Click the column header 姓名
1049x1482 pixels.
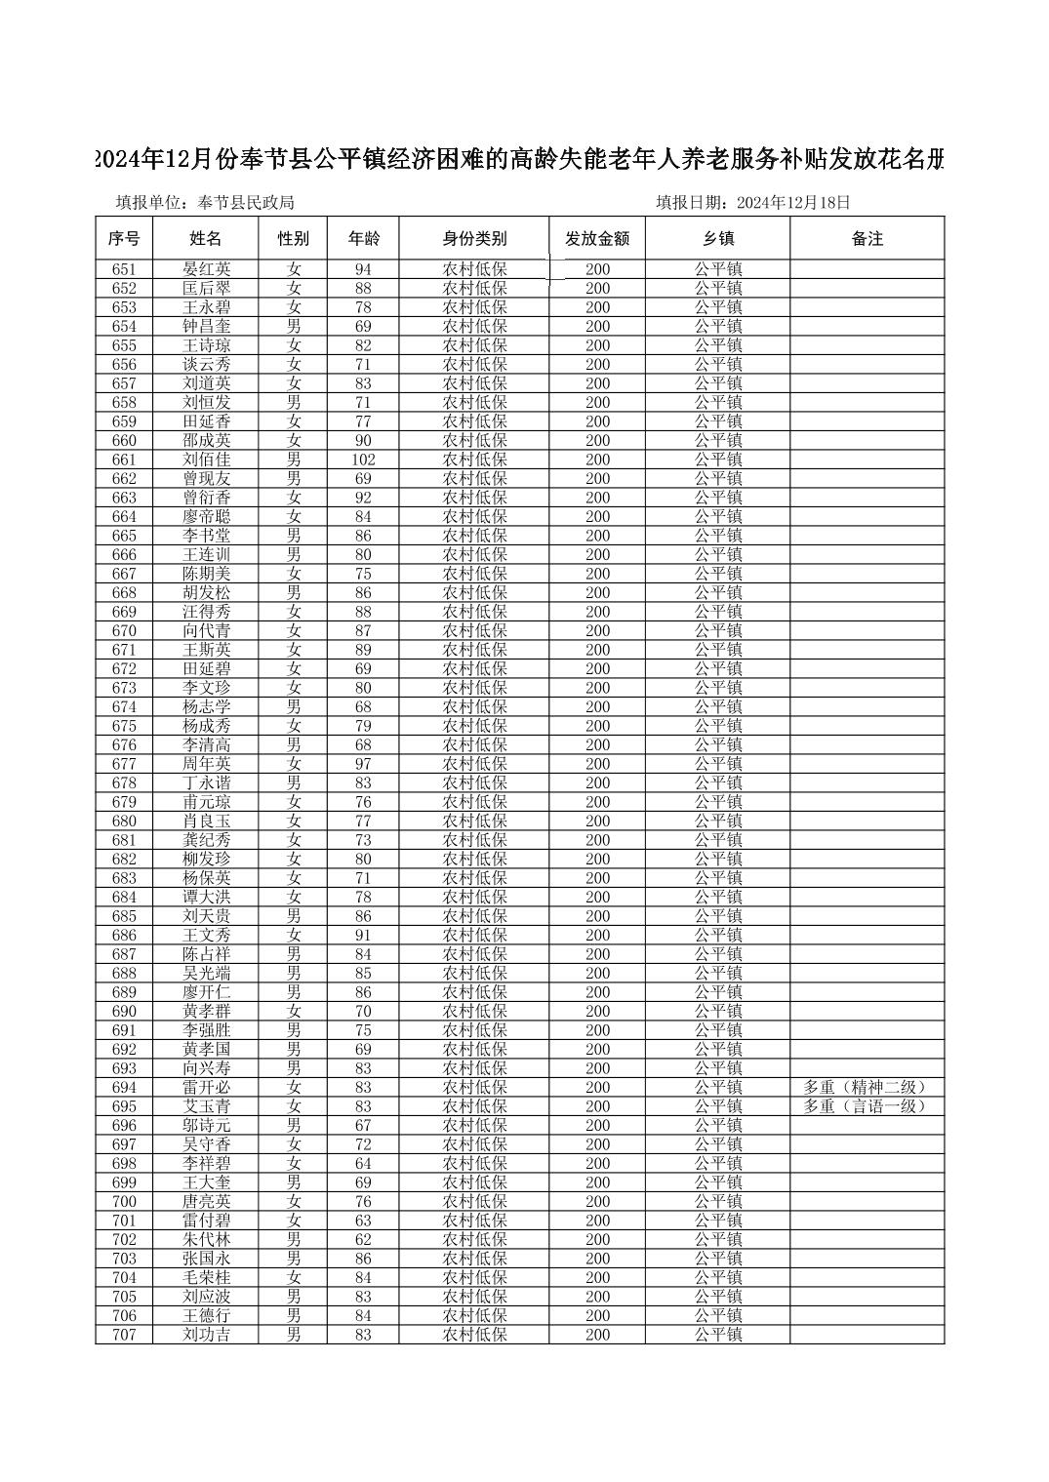pyautogui.click(x=205, y=239)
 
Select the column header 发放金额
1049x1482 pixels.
pyautogui.click(x=597, y=239)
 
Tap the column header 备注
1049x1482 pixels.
pyautogui.click(x=867, y=239)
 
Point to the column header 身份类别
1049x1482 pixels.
pyautogui.click(x=474, y=239)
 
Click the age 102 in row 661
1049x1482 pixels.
pyautogui.click(x=363, y=460)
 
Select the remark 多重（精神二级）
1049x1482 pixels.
pyautogui.click(x=865, y=1087)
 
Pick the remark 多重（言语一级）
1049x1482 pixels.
pyautogui.click(x=865, y=1106)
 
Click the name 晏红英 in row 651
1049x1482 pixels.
pyautogui.click(x=206, y=269)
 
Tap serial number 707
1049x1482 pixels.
pyautogui.click(x=124, y=1335)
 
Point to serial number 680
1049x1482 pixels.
pyautogui.click(x=124, y=821)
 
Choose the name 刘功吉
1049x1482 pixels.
pyautogui.click(x=206, y=1335)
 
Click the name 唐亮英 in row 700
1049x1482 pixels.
pyautogui.click(x=206, y=1202)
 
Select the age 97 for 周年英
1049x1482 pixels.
pyautogui.click(x=363, y=764)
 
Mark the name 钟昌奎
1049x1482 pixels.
pyautogui.click(x=206, y=327)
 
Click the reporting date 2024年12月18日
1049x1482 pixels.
pyautogui.click(x=793, y=203)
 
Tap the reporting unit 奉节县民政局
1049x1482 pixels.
pyautogui.click(x=246, y=203)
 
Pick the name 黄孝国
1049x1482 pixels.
pyautogui.click(x=206, y=1050)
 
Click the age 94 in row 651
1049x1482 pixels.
pyautogui.click(x=363, y=269)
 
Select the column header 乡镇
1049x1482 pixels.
pyautogui.click(x=717, y=239)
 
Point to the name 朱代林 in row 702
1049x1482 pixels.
pyautogui.click(x=206, y=1240)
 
